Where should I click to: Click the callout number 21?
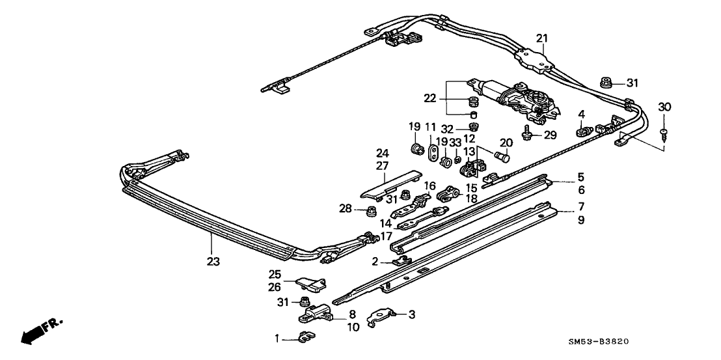(542, 38)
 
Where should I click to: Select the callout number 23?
(213, 262)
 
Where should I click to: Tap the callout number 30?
(664, 106)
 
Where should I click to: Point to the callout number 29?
(551, 135)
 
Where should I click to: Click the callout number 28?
(345, 209)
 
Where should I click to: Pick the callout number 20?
(506, 143)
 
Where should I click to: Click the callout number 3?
(411, 314)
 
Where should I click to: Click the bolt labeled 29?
(527, 135)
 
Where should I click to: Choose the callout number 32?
(448, 128)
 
